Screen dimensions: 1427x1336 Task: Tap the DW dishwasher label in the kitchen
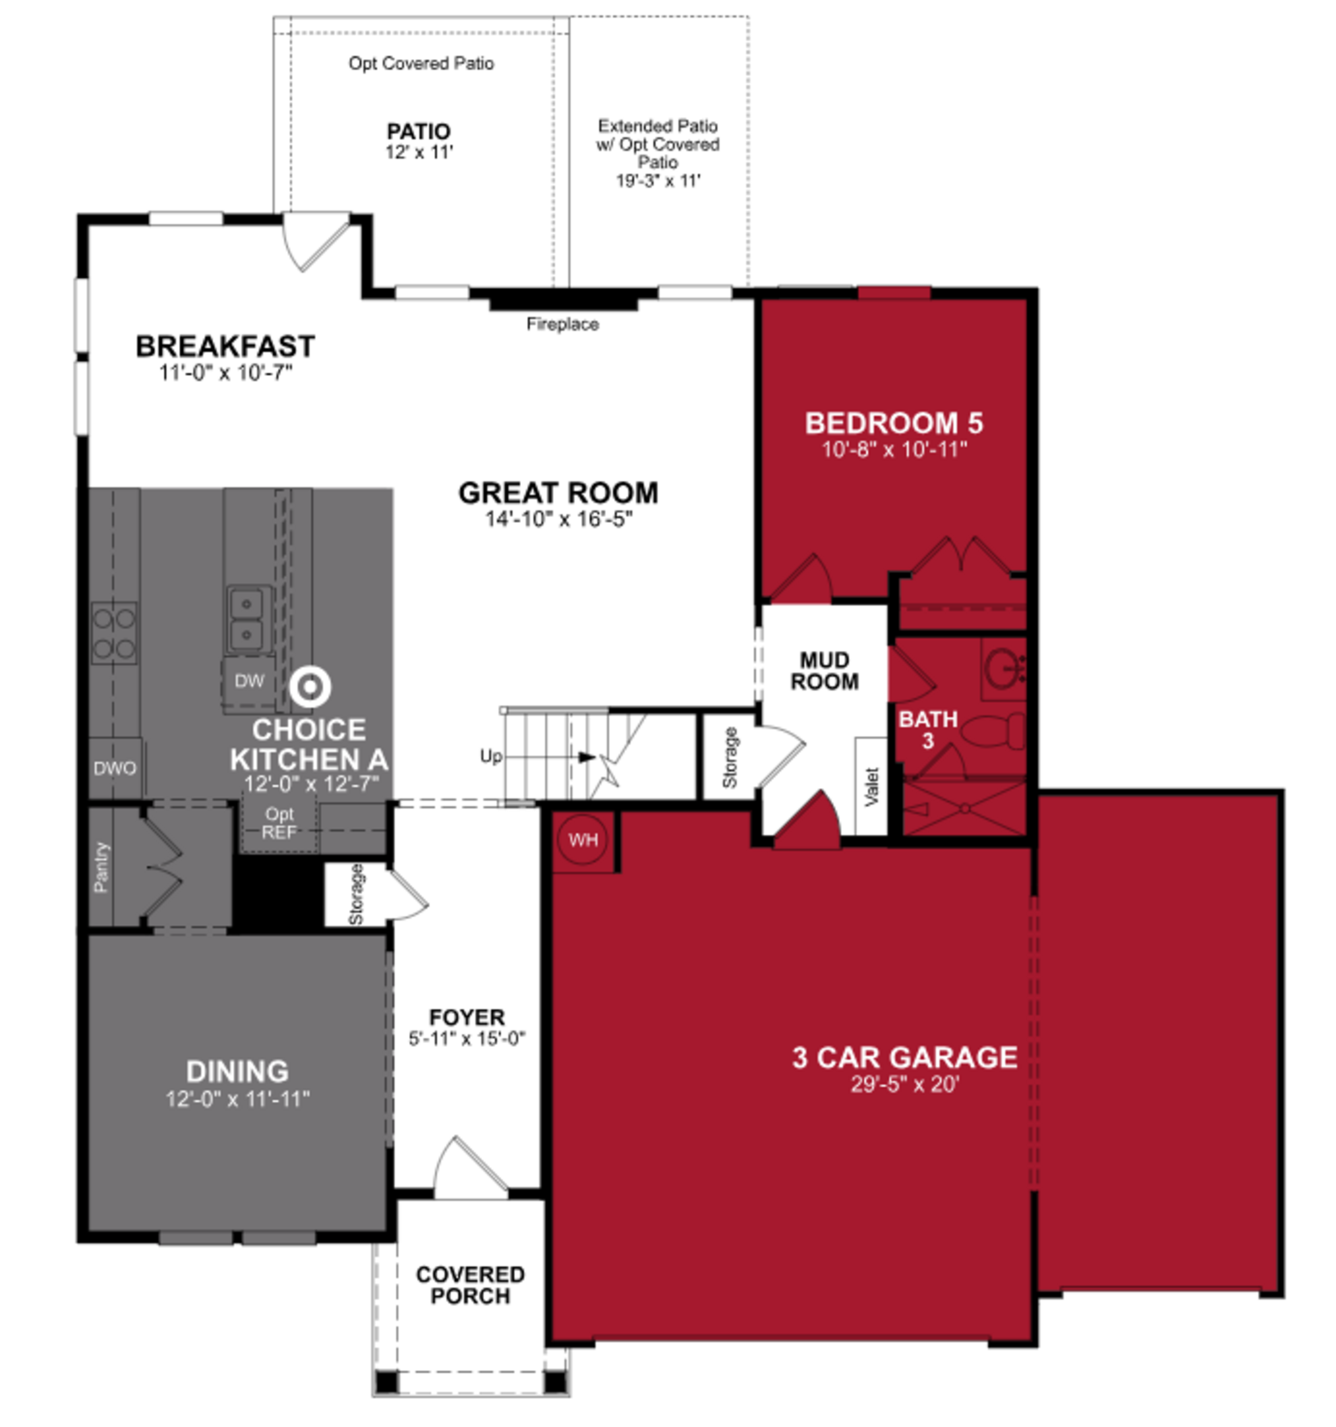click(x=249, y=681)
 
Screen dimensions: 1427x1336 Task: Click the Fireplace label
click(x=562, y=324)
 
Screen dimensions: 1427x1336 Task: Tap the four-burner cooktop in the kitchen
click(x=113, y=632)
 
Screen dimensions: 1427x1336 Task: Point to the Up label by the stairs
click(x=491, y=756)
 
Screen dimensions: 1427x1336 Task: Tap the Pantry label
click(x=101, y=867)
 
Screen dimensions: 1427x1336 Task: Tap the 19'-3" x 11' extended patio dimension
click(x=658, y=181)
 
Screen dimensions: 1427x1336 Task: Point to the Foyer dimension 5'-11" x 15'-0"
click(x=467, y=1038)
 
